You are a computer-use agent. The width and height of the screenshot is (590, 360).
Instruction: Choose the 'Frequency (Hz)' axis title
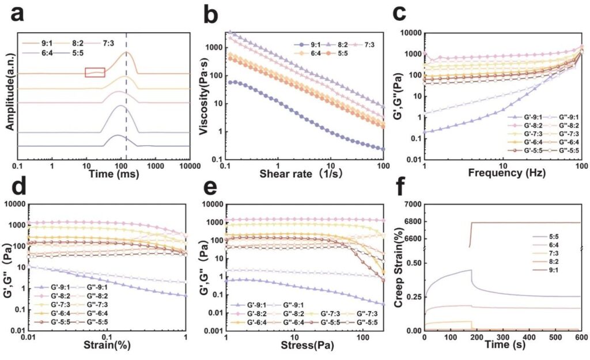(507, 173)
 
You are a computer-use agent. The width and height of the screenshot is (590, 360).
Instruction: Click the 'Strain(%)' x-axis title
(107, 345)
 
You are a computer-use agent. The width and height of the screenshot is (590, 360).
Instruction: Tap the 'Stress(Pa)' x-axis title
(308, 345)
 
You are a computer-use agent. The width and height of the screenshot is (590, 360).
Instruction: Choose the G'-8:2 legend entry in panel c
(522, 126)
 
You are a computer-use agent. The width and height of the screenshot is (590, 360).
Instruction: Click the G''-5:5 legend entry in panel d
(88, 322)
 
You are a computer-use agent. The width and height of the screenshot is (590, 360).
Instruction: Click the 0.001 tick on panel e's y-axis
(213, 331)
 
